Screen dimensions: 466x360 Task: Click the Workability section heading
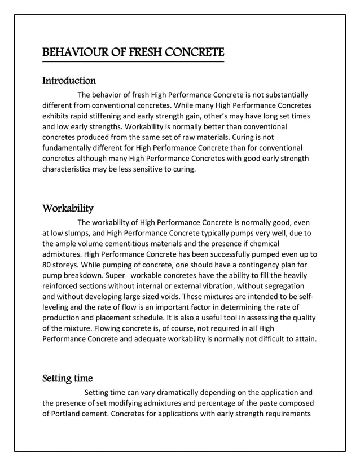pos(68,209)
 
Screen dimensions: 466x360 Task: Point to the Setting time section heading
pos(68,378)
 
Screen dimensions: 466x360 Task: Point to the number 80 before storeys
pos(47,265)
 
